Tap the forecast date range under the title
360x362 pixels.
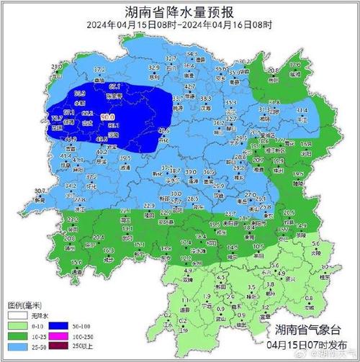180,25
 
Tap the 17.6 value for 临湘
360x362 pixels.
294,65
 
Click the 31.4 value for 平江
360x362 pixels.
302,110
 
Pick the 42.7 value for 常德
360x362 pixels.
189,86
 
